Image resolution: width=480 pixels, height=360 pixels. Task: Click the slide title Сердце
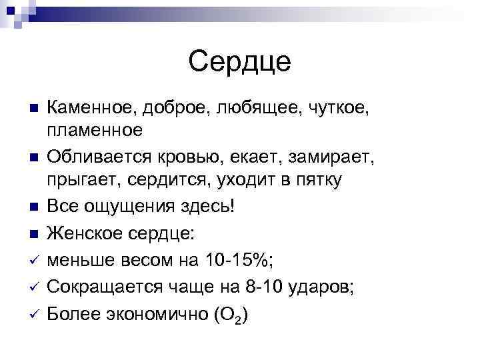point(240,62)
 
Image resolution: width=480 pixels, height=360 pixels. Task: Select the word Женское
point(82,234)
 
